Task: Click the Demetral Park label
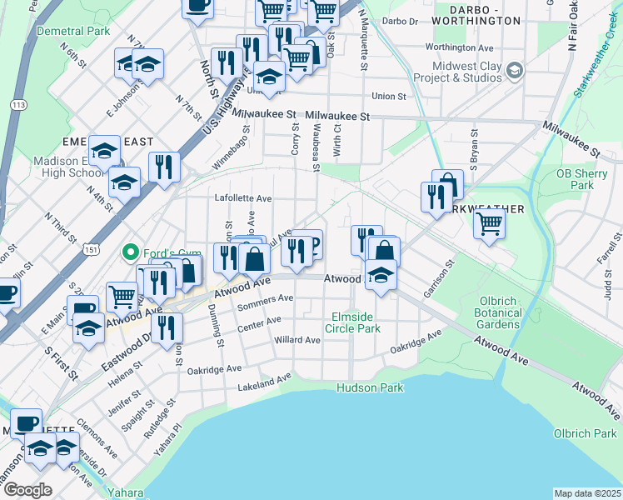73,31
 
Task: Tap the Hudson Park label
370,387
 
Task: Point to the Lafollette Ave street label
244,198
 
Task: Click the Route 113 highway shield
17,105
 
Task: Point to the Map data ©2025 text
587,493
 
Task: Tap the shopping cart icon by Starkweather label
488,222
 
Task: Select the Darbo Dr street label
401,21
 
